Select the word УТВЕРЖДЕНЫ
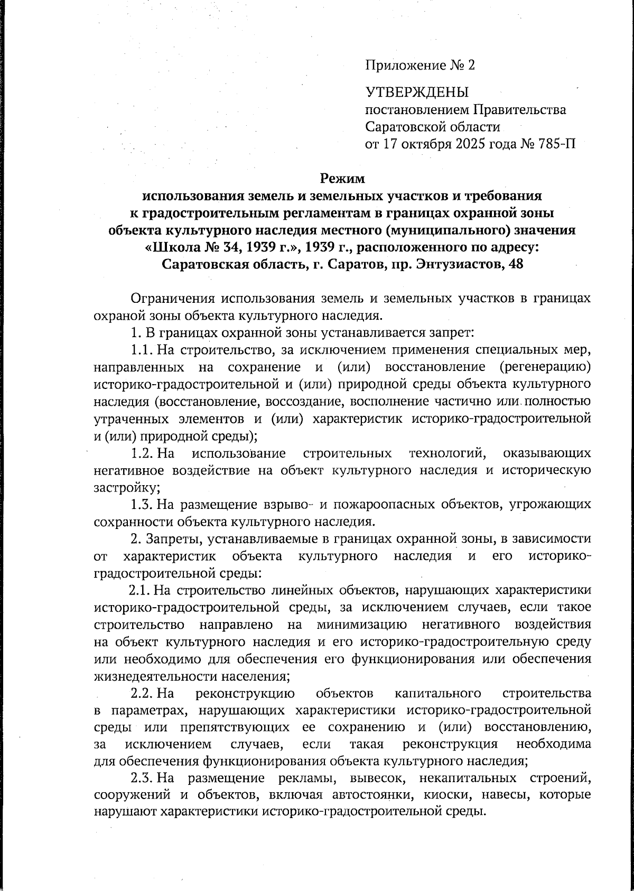click(417, 92)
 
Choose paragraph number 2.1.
click(141, 590)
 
